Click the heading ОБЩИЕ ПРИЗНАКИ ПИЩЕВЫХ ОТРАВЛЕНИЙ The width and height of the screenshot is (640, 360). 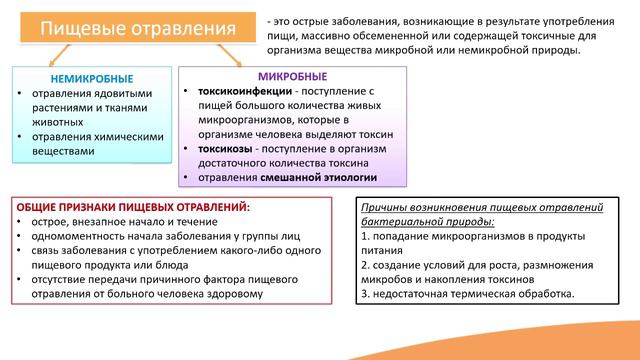pyautogui.click(x=133, y=206)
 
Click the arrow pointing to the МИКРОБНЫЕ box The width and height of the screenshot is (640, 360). pyautogui.click(x=237, y=56)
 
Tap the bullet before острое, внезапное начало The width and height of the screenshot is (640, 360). pyautogui.click(x=23, y=221)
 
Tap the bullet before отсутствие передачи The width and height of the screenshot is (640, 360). pyautogui.click(x=23, y=280)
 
